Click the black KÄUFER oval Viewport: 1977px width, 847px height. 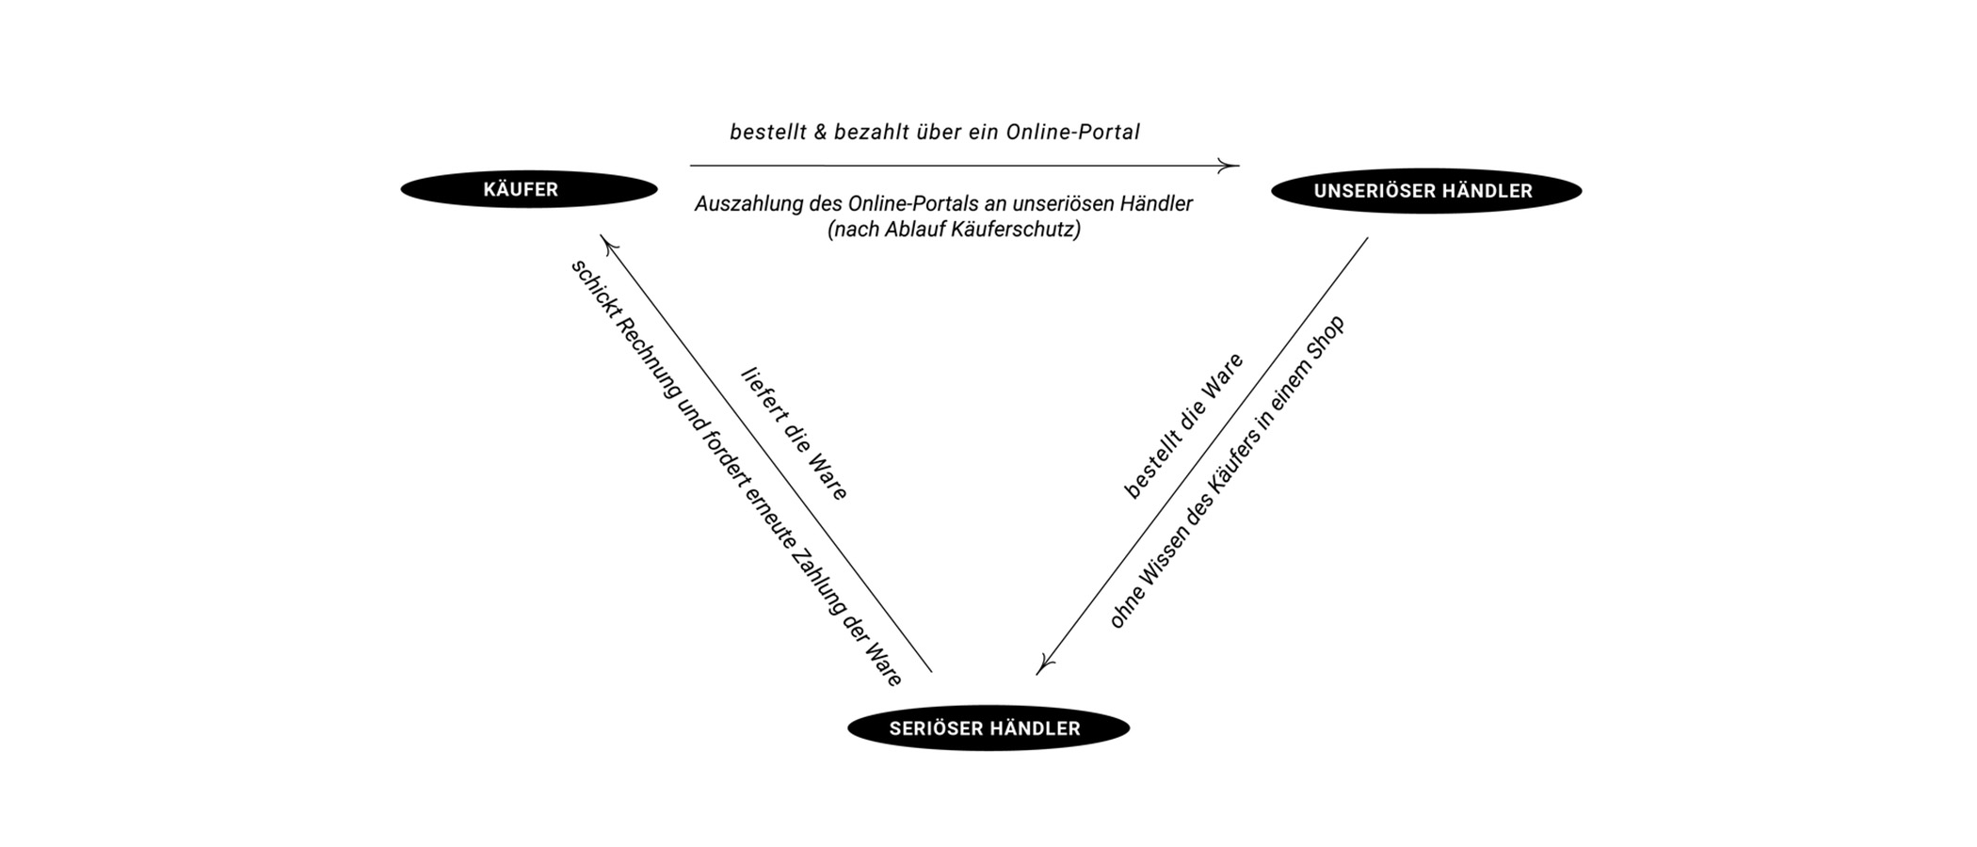(528, 189)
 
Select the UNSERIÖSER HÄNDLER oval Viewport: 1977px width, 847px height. (1425, 191)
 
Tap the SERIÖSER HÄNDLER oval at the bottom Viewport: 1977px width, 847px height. (988, 728)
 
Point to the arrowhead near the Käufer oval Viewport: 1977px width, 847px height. (607, 244)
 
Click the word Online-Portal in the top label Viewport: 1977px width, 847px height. (1072, 132)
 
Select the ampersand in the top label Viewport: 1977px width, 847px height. (820, 132)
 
